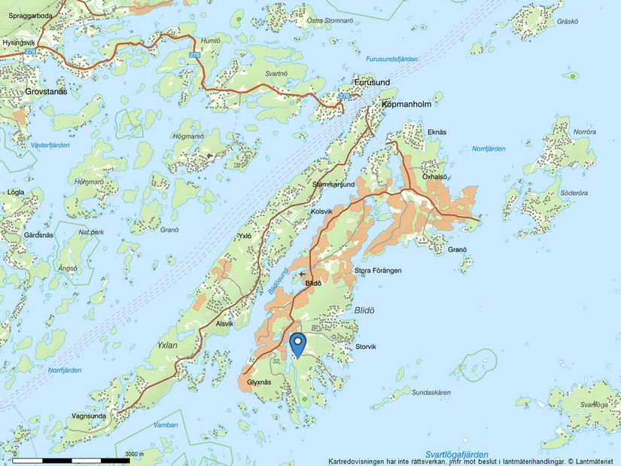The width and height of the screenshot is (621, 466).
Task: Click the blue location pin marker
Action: point(298,344)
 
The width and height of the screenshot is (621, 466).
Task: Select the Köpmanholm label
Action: point(406,104)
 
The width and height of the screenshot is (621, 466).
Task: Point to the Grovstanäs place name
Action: point(35,91)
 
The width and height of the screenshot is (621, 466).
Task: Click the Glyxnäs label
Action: point(258,382)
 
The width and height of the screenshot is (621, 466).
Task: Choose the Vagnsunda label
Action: point(88,416)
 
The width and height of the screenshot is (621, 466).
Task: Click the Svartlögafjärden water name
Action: point(455,455)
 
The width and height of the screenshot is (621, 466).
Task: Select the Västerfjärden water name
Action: point(50,145)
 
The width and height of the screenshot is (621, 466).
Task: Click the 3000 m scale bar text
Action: point(133,454)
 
